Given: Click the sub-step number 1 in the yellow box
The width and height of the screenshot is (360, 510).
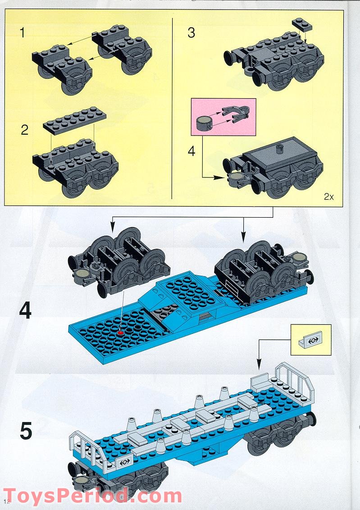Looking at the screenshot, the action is click(x=22, y=33).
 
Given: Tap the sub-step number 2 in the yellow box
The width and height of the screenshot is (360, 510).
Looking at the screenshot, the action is click(x=25, y=130).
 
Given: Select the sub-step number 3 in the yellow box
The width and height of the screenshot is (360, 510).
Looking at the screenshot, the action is click(x=191, y=33).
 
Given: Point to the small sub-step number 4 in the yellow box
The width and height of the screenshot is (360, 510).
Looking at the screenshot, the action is click(x=191, y=151).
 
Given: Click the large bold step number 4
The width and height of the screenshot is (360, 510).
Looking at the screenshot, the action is click(x=25, y=310).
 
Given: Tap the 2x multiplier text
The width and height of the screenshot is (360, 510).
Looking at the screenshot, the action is click(x=329, y=196).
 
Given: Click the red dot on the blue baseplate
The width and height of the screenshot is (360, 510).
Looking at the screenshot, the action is click(x=121, y=332).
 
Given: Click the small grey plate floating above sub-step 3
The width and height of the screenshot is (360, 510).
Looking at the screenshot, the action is click(x=302, y=24).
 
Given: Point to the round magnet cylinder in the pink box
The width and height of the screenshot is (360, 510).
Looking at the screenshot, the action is click(x=205, y=123).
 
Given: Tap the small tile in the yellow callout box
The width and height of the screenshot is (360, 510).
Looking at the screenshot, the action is click(x=310, y=340).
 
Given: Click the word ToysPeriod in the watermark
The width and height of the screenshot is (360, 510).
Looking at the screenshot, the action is click(x=65, y=496).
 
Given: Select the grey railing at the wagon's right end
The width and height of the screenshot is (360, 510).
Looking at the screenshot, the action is click(x=294, y=382).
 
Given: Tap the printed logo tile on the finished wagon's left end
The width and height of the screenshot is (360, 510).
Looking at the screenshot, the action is click(x=125, y=461).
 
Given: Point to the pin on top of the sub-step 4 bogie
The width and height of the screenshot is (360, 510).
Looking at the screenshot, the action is click(x=280, y=149).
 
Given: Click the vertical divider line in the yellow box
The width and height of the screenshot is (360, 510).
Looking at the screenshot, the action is click(x=172, y=108).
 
